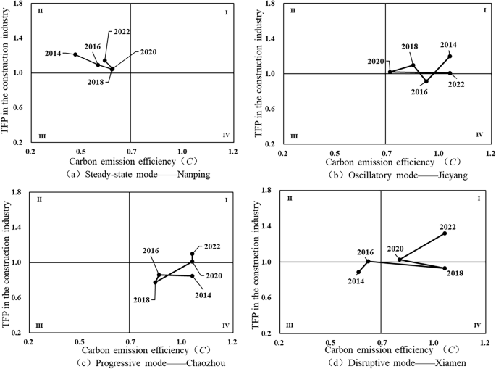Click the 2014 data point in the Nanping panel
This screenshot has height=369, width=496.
(75, 54)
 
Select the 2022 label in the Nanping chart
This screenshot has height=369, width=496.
(121, 33)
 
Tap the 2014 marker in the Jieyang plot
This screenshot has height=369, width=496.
(450, 57)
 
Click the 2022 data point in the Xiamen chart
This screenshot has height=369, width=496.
(445, 233)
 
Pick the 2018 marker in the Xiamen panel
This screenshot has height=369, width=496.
(445, 268)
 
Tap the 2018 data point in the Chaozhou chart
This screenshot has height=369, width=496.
(155, 282)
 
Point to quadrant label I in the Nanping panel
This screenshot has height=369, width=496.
(227, 13)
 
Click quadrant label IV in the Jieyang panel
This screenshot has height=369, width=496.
(479, 135)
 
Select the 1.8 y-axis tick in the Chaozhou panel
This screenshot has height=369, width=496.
(16, 194)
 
